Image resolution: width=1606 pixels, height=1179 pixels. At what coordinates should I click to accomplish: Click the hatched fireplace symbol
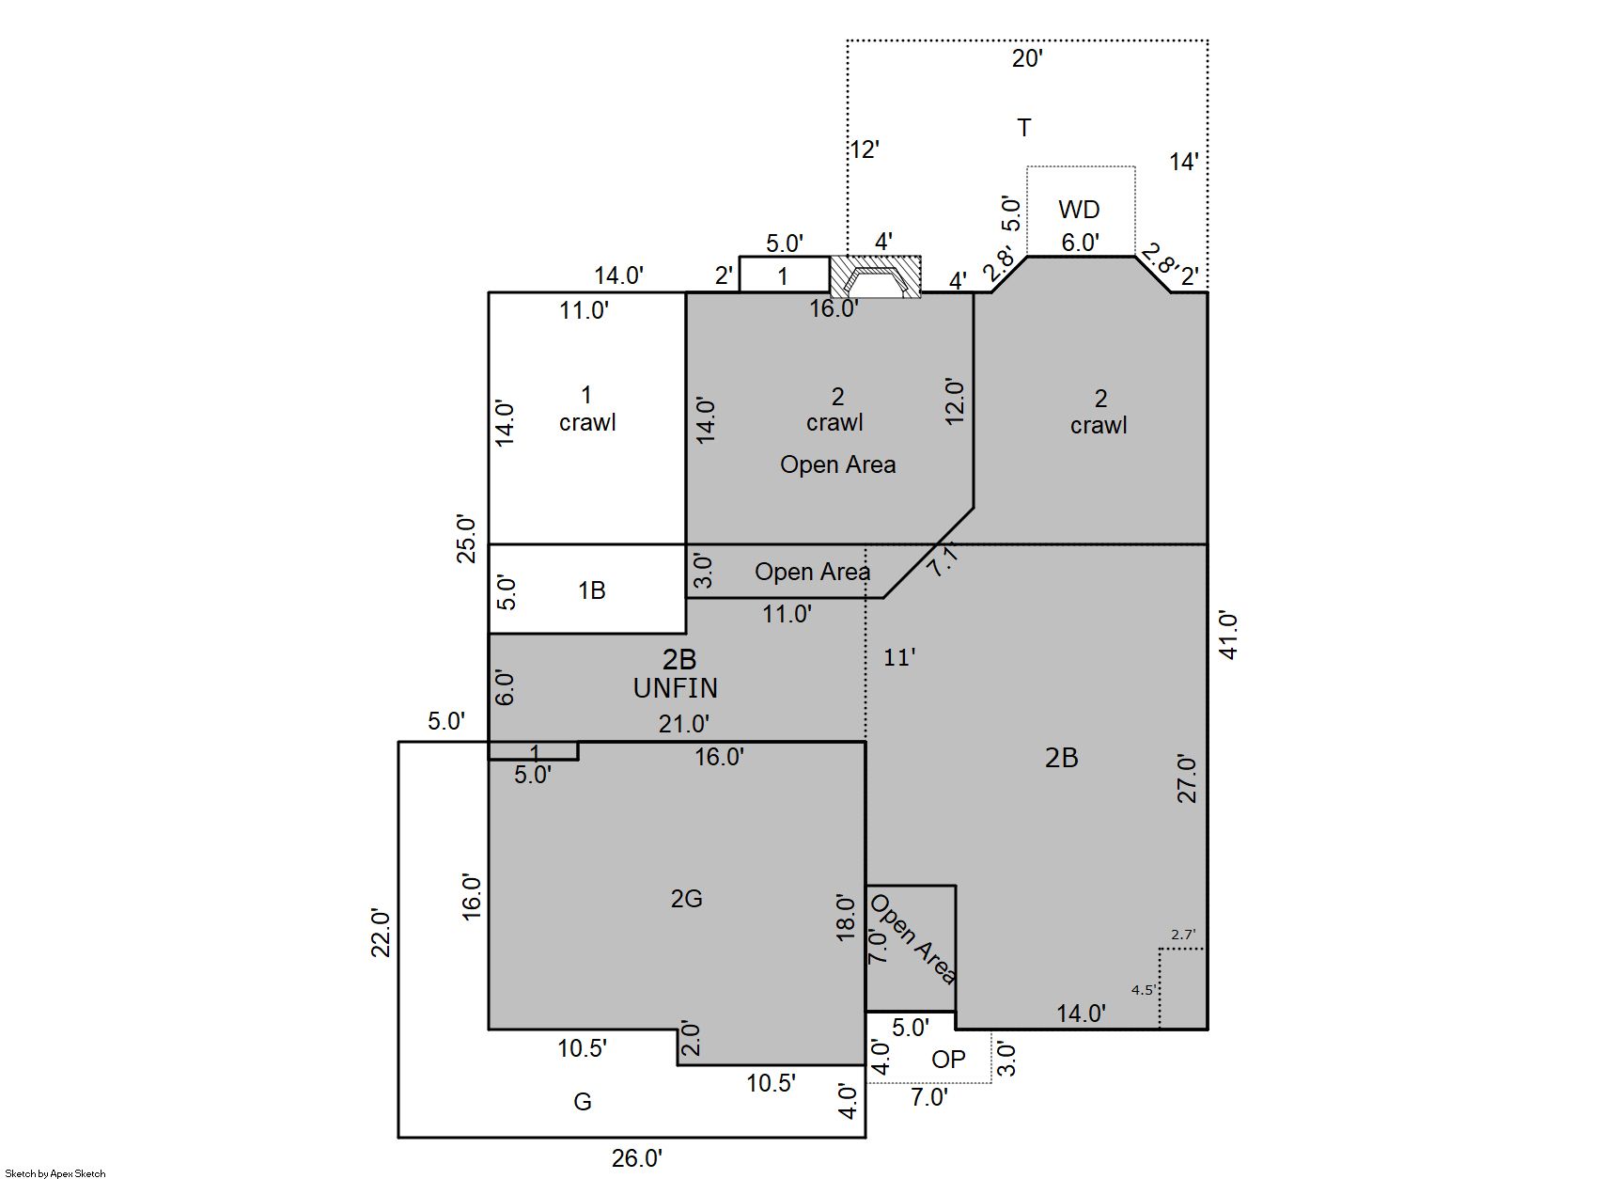875,277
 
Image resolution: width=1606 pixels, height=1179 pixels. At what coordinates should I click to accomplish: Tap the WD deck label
1079,209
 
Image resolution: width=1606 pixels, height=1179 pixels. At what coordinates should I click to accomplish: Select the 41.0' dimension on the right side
1229,635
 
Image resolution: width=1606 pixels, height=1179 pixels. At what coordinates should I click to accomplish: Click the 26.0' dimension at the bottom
637,1158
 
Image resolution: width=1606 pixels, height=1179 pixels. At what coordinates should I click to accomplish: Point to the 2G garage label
686,899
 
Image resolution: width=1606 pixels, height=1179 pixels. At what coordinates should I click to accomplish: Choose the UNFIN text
676,688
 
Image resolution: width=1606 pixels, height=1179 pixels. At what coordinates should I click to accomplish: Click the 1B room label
591,590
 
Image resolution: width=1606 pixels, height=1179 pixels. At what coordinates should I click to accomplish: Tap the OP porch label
948,1060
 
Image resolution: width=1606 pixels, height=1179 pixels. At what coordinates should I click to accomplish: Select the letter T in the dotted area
1024,128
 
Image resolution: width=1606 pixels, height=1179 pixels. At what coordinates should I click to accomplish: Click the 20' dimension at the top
1027,59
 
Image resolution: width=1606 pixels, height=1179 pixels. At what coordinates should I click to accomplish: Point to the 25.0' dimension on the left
467,538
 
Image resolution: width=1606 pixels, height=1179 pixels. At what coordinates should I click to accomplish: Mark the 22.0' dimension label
381,933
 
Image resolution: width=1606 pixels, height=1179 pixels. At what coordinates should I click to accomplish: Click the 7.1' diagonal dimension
943,560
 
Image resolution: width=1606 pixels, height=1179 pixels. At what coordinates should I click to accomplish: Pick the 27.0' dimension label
1188,778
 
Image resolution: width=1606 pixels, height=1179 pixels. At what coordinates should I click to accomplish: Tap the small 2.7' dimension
1182,935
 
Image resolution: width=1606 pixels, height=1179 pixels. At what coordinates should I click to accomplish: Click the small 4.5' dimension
1143,990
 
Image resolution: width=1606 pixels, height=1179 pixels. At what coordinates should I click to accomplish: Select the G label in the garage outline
583,1102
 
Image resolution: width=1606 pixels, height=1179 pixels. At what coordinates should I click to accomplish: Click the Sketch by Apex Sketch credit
55,1173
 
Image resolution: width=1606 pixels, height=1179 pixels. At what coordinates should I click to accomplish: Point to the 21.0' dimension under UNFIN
683,724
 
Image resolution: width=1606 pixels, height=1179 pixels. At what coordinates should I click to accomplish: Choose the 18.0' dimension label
846,918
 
